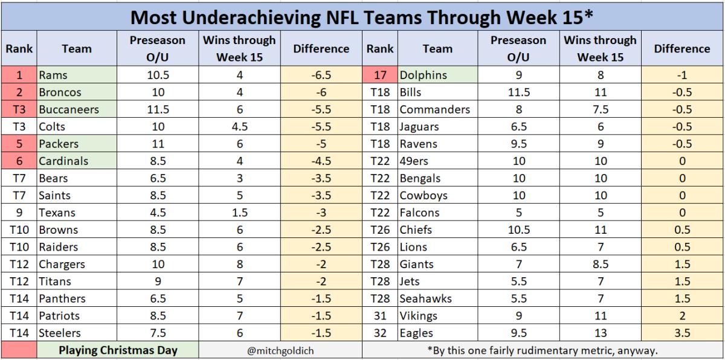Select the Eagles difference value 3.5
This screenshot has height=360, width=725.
pos(681,333)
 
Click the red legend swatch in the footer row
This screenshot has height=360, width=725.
pos(18,350)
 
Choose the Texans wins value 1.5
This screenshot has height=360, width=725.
pos(239,213)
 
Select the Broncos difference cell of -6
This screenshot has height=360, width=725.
pos(321,92)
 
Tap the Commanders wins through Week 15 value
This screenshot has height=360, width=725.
pos(600,110)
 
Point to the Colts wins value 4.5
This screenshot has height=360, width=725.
pos(239,127)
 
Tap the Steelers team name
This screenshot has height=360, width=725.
pos(60,333)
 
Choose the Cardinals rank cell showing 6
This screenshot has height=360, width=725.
pos(18,161)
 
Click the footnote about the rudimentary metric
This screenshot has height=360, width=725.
pos(542,350)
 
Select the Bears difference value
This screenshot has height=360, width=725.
pos(321,178)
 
